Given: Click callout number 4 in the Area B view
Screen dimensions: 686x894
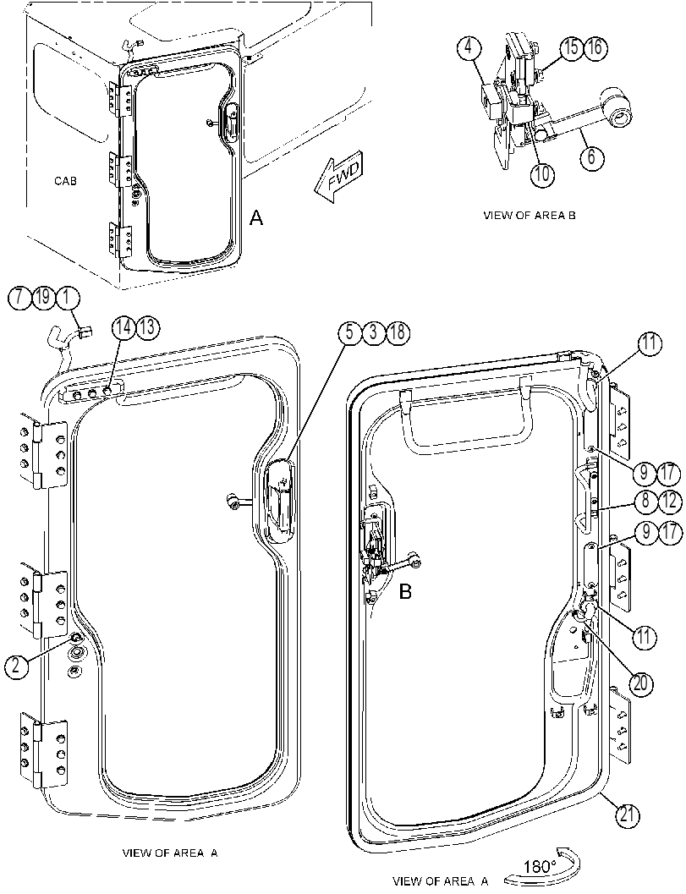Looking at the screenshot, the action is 469,47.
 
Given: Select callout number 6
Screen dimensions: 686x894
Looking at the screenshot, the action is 591,156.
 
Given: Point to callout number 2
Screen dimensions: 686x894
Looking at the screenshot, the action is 16,666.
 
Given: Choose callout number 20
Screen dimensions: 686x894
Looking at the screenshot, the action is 641,683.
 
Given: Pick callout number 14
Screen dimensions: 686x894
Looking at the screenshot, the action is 123,327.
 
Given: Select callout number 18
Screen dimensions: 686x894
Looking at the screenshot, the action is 398,332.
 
